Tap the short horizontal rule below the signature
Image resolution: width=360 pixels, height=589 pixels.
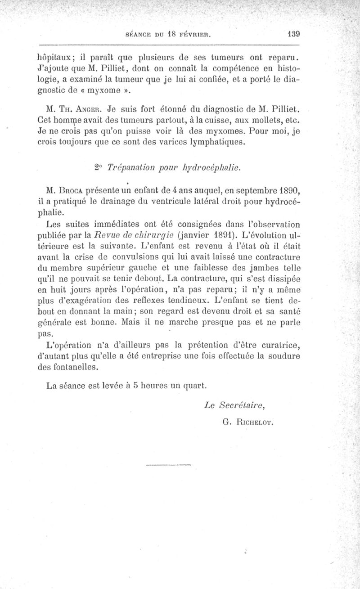(169, 464)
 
